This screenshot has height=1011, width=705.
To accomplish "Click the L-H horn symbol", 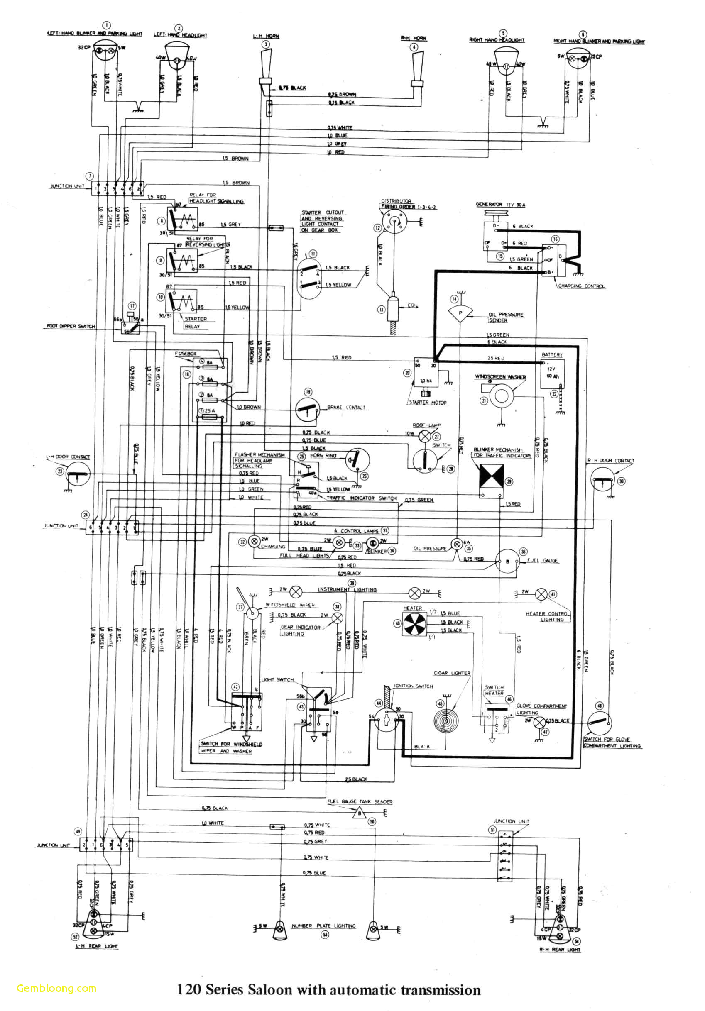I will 266,66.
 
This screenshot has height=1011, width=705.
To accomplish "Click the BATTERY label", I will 552,354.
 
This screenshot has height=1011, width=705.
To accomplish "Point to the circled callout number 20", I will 407,373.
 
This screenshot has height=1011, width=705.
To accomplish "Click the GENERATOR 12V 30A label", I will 500,204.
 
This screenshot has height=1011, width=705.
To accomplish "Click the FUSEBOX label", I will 186,354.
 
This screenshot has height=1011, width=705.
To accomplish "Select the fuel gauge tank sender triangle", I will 360,813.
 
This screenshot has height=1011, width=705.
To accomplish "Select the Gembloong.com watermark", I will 56,988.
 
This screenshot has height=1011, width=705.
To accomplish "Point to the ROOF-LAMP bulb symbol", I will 424,436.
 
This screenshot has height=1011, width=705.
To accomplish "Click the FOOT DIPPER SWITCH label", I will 71,326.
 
